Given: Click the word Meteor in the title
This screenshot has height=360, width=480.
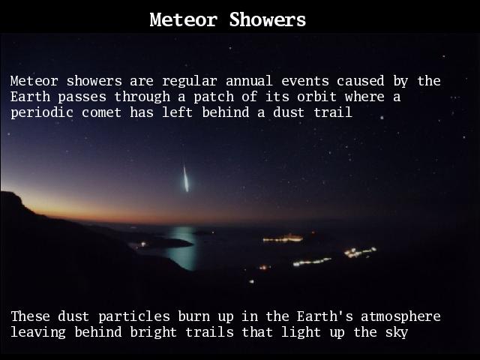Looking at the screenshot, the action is tap(184, 20).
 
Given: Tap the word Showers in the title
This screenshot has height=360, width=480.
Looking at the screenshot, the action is tap(268, 20).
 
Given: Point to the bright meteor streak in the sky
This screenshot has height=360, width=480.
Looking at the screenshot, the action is tap(185, 178).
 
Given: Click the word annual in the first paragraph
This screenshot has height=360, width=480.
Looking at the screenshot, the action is tap(249, 81).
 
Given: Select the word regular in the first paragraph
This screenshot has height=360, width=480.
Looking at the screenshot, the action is tap(190, 82).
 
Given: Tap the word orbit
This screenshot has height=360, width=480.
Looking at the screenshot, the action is tap(316, 97).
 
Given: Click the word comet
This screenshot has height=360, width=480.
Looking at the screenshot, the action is tap(101, 113).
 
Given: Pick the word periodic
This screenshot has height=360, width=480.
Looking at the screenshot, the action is tap(42, 113).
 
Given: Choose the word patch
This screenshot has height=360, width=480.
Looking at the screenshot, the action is tap(214, 97).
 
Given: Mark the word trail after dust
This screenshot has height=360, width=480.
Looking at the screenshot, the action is tap(333, 112).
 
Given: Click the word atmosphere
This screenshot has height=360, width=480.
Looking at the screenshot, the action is tap(400, 317).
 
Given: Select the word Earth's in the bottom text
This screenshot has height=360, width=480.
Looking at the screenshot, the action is tap(325, 316).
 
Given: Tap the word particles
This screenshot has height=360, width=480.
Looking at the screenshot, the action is tap(134, 317).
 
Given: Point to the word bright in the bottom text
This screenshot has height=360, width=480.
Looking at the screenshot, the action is tap(153, 333).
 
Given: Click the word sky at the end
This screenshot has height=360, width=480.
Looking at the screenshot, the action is tap(397, 333).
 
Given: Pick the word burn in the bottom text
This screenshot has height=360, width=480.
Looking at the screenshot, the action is tap(194, 316).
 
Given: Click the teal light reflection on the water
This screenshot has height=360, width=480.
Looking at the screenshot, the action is tap(183, 248).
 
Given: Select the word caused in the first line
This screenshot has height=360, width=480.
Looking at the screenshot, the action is tap(360, 81).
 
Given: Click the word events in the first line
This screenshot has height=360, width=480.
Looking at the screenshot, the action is tap(305, 82).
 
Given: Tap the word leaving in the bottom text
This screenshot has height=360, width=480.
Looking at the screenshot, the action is tap(38, 333).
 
